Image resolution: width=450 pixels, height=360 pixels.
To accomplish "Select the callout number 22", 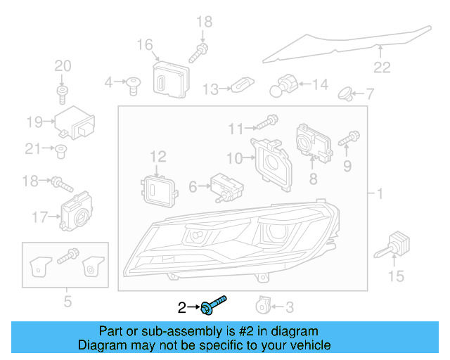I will (x=381, y=67).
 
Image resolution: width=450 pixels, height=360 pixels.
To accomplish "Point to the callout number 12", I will (x=157, y=155).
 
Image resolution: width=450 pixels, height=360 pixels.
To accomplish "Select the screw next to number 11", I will (x=264, y=122).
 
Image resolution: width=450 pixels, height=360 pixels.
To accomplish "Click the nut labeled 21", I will (x=62, y=148).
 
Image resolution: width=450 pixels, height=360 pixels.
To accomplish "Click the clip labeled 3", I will (x=262, y=305).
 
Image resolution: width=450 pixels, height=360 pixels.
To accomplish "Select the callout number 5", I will (x=67, y=303).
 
